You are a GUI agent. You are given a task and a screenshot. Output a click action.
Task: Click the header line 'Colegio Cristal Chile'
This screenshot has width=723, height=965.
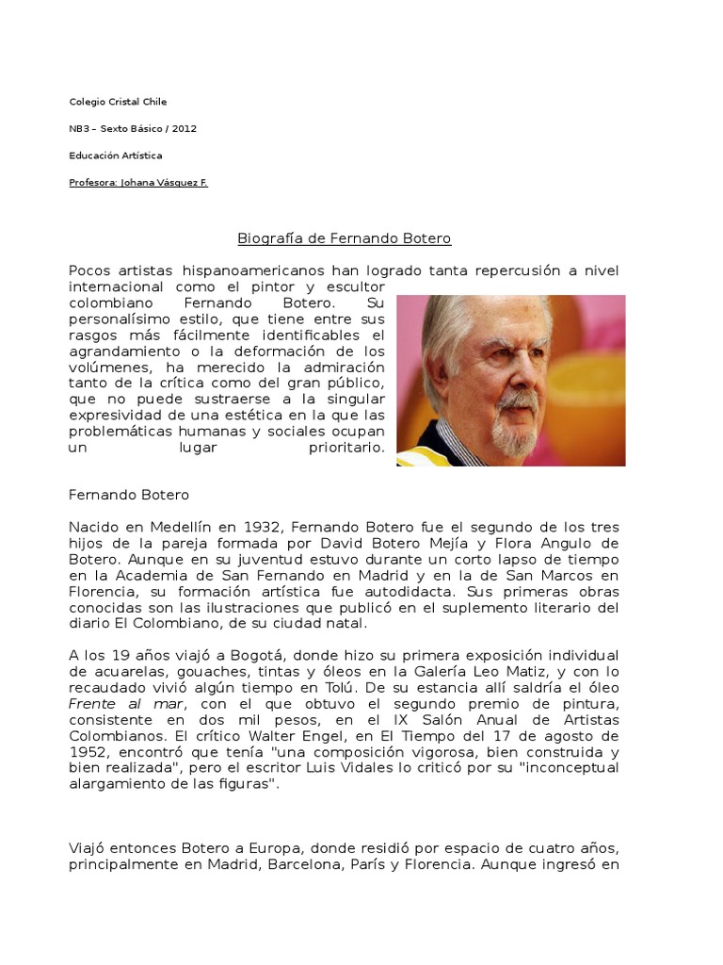pyautogui.click(x=118, y=102)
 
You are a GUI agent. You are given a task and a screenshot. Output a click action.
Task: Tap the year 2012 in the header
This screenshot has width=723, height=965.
pyautogui.click(x=185, y=128)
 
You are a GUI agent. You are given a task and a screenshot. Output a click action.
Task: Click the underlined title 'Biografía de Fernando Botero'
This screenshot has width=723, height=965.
pyautogui.click(x=344, y=239)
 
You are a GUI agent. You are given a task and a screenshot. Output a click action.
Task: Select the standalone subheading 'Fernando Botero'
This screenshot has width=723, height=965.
pyautogui.click(x=129, y=495)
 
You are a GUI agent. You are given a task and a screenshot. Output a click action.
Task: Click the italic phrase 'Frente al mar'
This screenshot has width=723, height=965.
pyautogui.click(x=116, y=704)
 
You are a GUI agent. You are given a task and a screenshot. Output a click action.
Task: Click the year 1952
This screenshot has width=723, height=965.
pyautogui.click(x=89, y=752)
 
